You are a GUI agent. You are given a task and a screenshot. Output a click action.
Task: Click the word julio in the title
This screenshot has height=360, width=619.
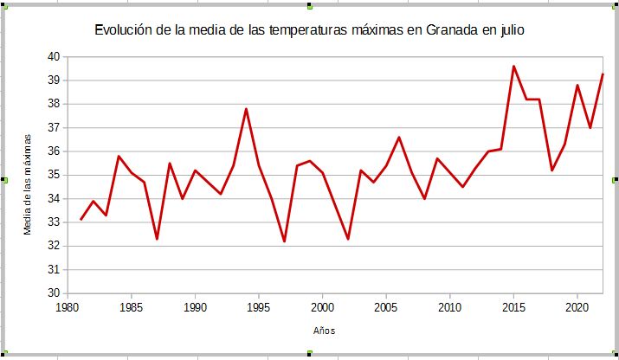click(510, 31)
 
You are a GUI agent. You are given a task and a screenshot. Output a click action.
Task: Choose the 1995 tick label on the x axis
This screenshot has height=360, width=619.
click(259, 307)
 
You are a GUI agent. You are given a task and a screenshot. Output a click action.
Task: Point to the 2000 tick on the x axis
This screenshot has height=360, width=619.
click(323, 307)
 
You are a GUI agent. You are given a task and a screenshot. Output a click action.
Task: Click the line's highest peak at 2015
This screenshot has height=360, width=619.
click(513, 66)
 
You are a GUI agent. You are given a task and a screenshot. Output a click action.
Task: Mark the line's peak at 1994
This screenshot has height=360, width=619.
click(246, 108)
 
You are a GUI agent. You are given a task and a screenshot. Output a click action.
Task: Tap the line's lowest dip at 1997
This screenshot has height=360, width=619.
click(284, 241)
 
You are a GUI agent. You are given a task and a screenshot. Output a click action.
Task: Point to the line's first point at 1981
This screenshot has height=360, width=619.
click(81, 219)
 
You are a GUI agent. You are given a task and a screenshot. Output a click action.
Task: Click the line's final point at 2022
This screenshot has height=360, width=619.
click(603, 74)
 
